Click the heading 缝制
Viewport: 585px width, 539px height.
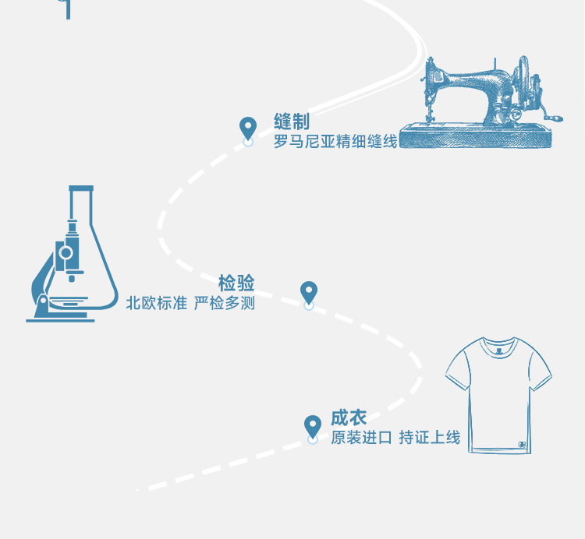(x=292, y=122)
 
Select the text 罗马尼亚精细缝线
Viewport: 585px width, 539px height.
(x=335, y=142)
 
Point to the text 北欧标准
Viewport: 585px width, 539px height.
(x=157, y=303)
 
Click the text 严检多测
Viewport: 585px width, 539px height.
(x=225, y=303)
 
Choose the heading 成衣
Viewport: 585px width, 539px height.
(x=349, y=417)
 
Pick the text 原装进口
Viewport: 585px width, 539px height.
(x=361, y=438)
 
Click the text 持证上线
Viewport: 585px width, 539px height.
(x=430, y=438)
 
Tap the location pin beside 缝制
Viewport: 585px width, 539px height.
(x=248, y=129)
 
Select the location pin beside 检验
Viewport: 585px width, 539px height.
(x=309, y=293)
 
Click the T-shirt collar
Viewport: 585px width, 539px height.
(x=499, y=344)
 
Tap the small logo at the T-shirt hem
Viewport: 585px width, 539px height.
(x=520, y=446)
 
